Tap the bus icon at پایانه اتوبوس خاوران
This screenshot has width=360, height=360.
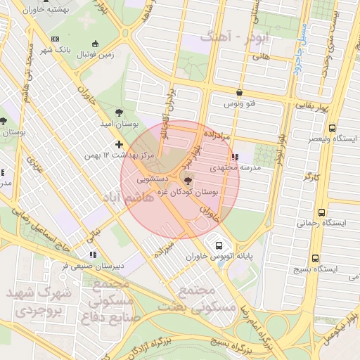pyautogui.click(x=219, y=246)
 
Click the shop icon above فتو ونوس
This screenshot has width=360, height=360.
pyautogui.click(x=240, y=93)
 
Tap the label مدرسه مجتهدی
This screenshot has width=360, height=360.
pyautogui.click(x=236, y=168)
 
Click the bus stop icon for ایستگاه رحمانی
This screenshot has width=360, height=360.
pyautogui.click(x=321, y=212)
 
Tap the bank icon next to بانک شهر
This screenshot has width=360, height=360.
pyautogui.click(x=56, y=39)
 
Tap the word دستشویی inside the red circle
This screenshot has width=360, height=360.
pyautogui.click(x=151, y=180)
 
